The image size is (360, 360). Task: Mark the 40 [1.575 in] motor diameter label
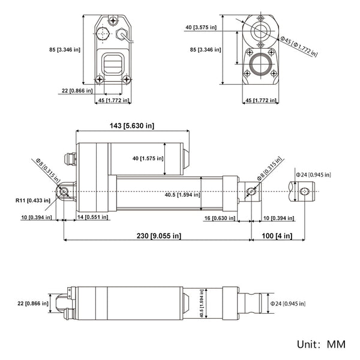click(144, 158)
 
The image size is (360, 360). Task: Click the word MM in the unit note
click(337, 346)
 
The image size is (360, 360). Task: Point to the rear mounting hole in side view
click(64, 191)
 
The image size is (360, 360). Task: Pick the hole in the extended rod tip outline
click(304, 191)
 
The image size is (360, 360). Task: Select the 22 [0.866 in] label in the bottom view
click(31, 304)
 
